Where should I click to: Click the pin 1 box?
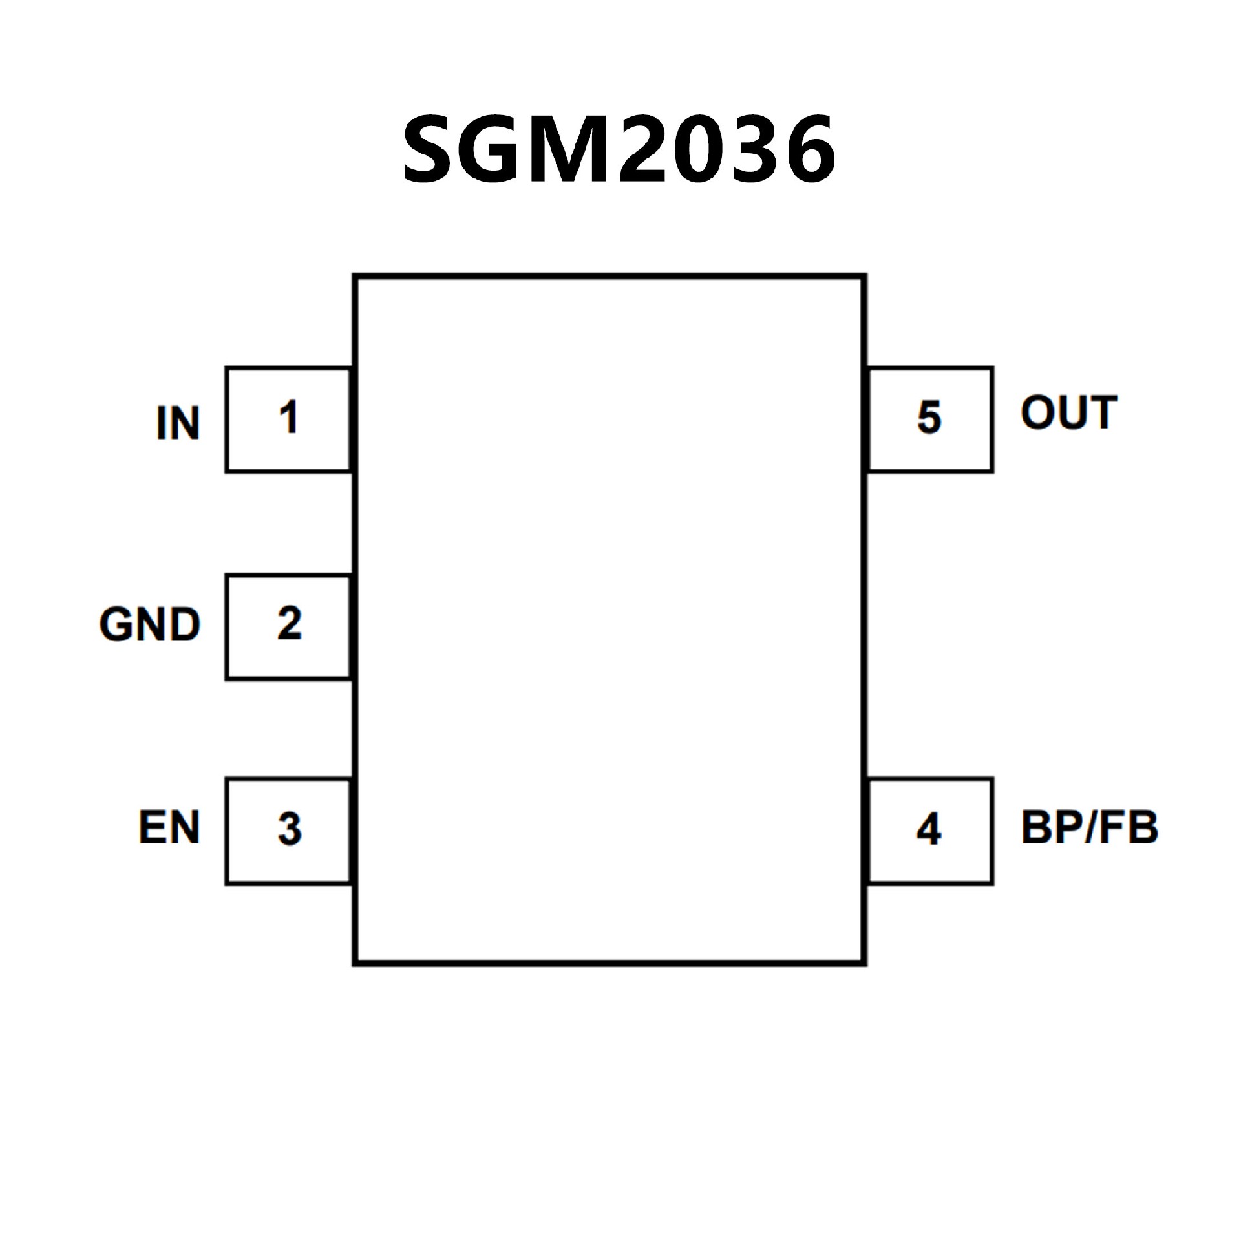click(288, 419)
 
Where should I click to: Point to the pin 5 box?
click(930, 419)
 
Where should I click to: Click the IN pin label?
click(178, 424)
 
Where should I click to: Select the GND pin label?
click(150, 625)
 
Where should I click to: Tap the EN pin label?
click(169, 828)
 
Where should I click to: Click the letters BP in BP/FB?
click(1050, 828)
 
